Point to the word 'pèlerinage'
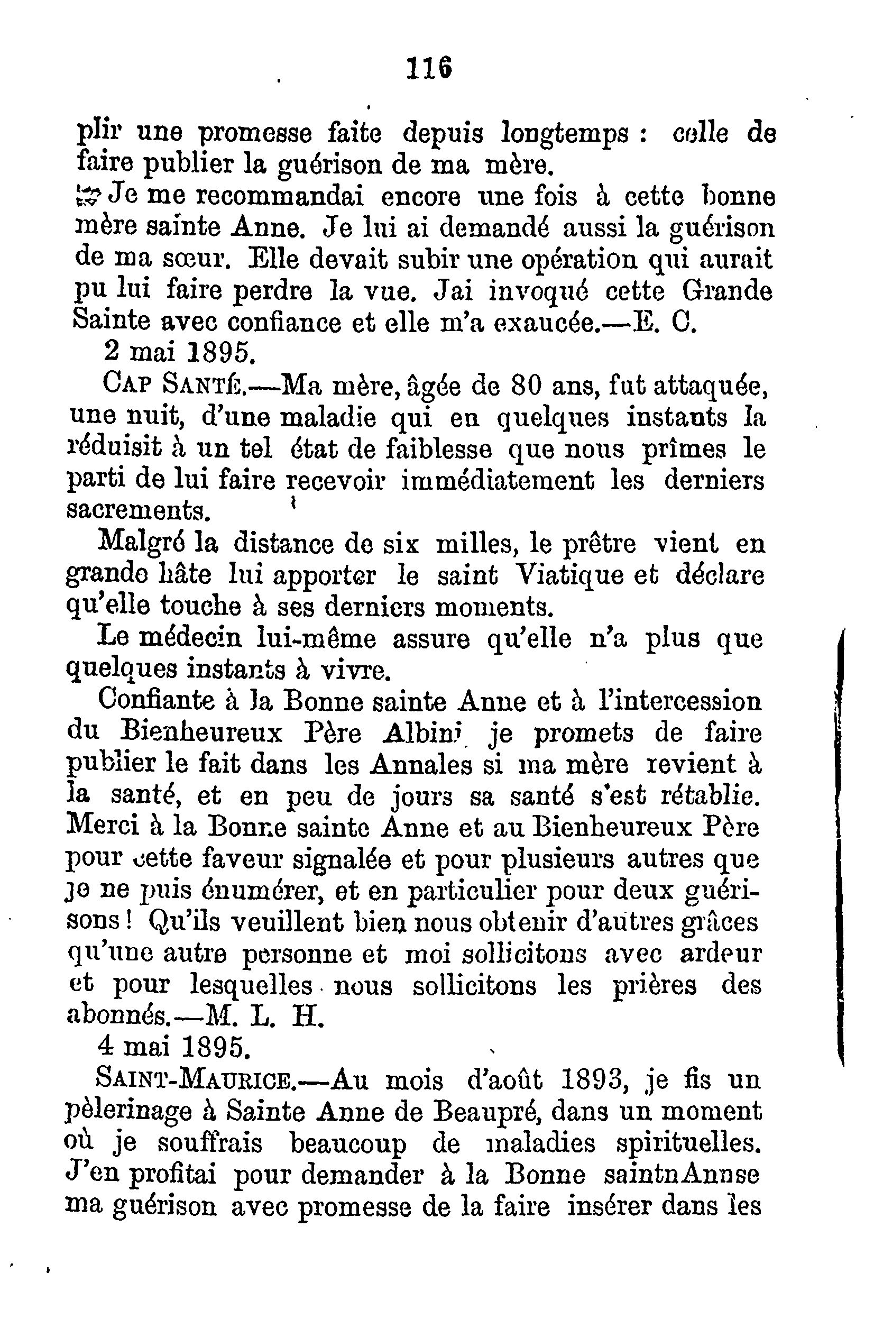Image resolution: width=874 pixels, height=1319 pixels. pos(130,1113)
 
